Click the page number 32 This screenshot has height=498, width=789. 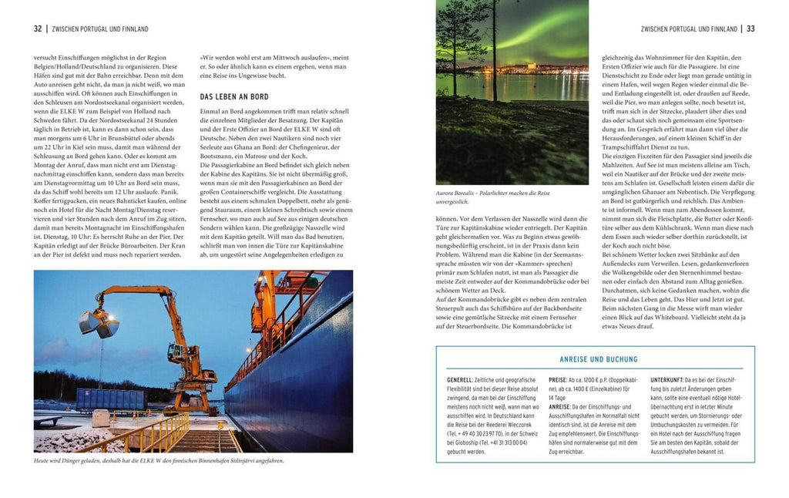tap(38, 29)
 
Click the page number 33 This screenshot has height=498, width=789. tap(750, 29)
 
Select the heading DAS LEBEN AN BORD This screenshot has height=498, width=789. tap(234, 97)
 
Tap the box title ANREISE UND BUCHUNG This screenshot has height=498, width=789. tap(599, 359)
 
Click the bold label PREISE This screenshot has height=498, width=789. tap(557, 380)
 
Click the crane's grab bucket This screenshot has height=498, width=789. tap(98, 324)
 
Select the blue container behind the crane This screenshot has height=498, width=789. tap(109, 398)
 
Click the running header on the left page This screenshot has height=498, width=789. tap(99, 29)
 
